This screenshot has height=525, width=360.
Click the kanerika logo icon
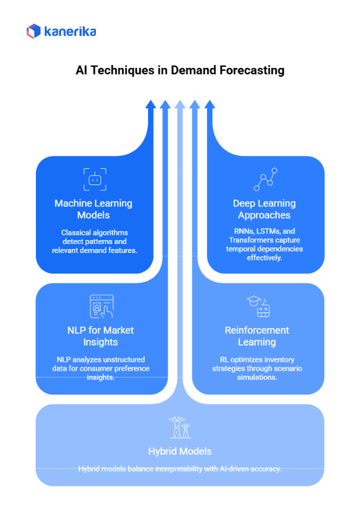coord(34,31)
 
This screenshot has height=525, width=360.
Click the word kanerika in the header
coord(70,31)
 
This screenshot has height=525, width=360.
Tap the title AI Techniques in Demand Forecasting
coord(180,71)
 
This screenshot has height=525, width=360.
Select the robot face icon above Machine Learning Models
coord(94,179)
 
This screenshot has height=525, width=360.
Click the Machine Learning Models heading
coord(94,209)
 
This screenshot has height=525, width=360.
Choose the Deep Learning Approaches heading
coord(264,209)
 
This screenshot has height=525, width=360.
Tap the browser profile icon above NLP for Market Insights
coord(101,306)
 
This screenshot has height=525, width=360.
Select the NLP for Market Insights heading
coord(101,335)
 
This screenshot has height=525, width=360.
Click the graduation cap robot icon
coord(258,306)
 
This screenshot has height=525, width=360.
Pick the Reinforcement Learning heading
coord(257,335)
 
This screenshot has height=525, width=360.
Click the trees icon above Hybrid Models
coord(179,427)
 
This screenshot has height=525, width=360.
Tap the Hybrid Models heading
coord(179,451)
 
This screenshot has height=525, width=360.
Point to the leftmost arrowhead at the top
coord(150,104)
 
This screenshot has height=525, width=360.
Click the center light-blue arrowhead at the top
coord(180,104)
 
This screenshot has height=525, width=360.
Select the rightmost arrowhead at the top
coord(210,104)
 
